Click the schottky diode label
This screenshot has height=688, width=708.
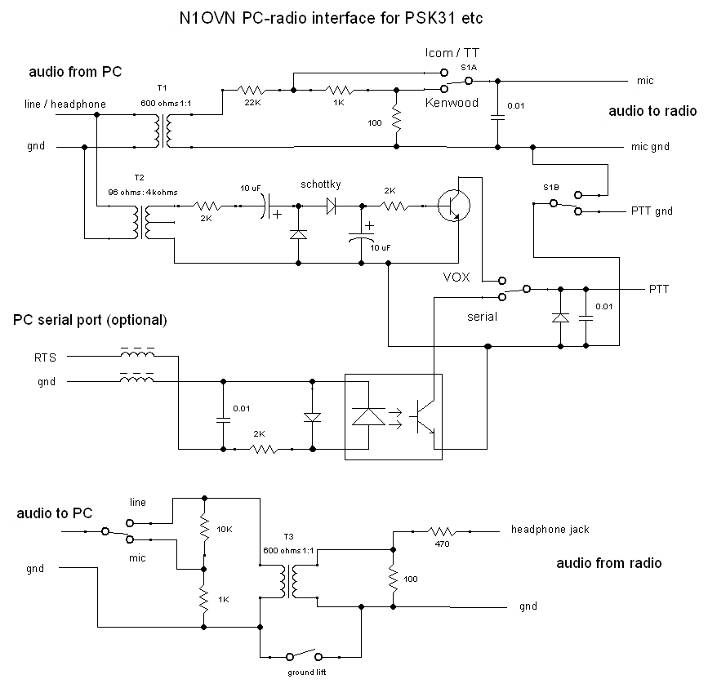(320, 185)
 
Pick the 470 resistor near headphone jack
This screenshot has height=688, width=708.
(443, 530)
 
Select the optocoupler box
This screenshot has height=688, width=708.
(393, 416)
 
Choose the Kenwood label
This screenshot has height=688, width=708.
(451, 104)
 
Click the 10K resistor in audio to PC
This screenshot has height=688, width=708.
(204, 529)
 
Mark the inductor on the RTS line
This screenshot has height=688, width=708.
(137, 356)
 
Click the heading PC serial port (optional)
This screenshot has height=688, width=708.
(90, 319)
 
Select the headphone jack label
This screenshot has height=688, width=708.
(550, 529)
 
